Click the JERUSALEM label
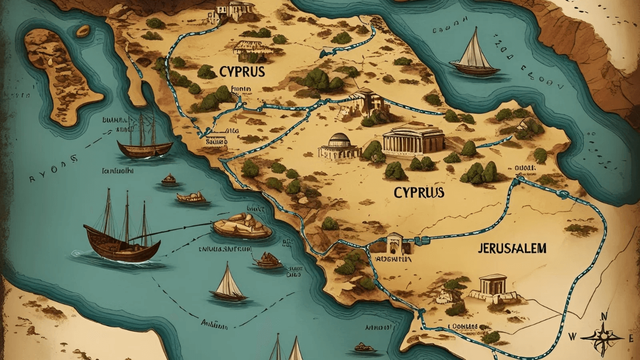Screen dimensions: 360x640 pyautogui.click(x=512, y=248)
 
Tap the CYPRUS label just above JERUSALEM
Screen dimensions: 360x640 pyautogui.click(x=419, y=192)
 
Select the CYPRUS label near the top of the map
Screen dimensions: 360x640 pyautogui.click(x=241, y=72)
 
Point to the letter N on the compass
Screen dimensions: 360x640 pyautogui.click(x=603, y=316)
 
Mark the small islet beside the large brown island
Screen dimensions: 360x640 pyautogui.click(x=83, y=30)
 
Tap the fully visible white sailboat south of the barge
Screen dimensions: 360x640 pyautogui.click(x=228, y=284)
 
